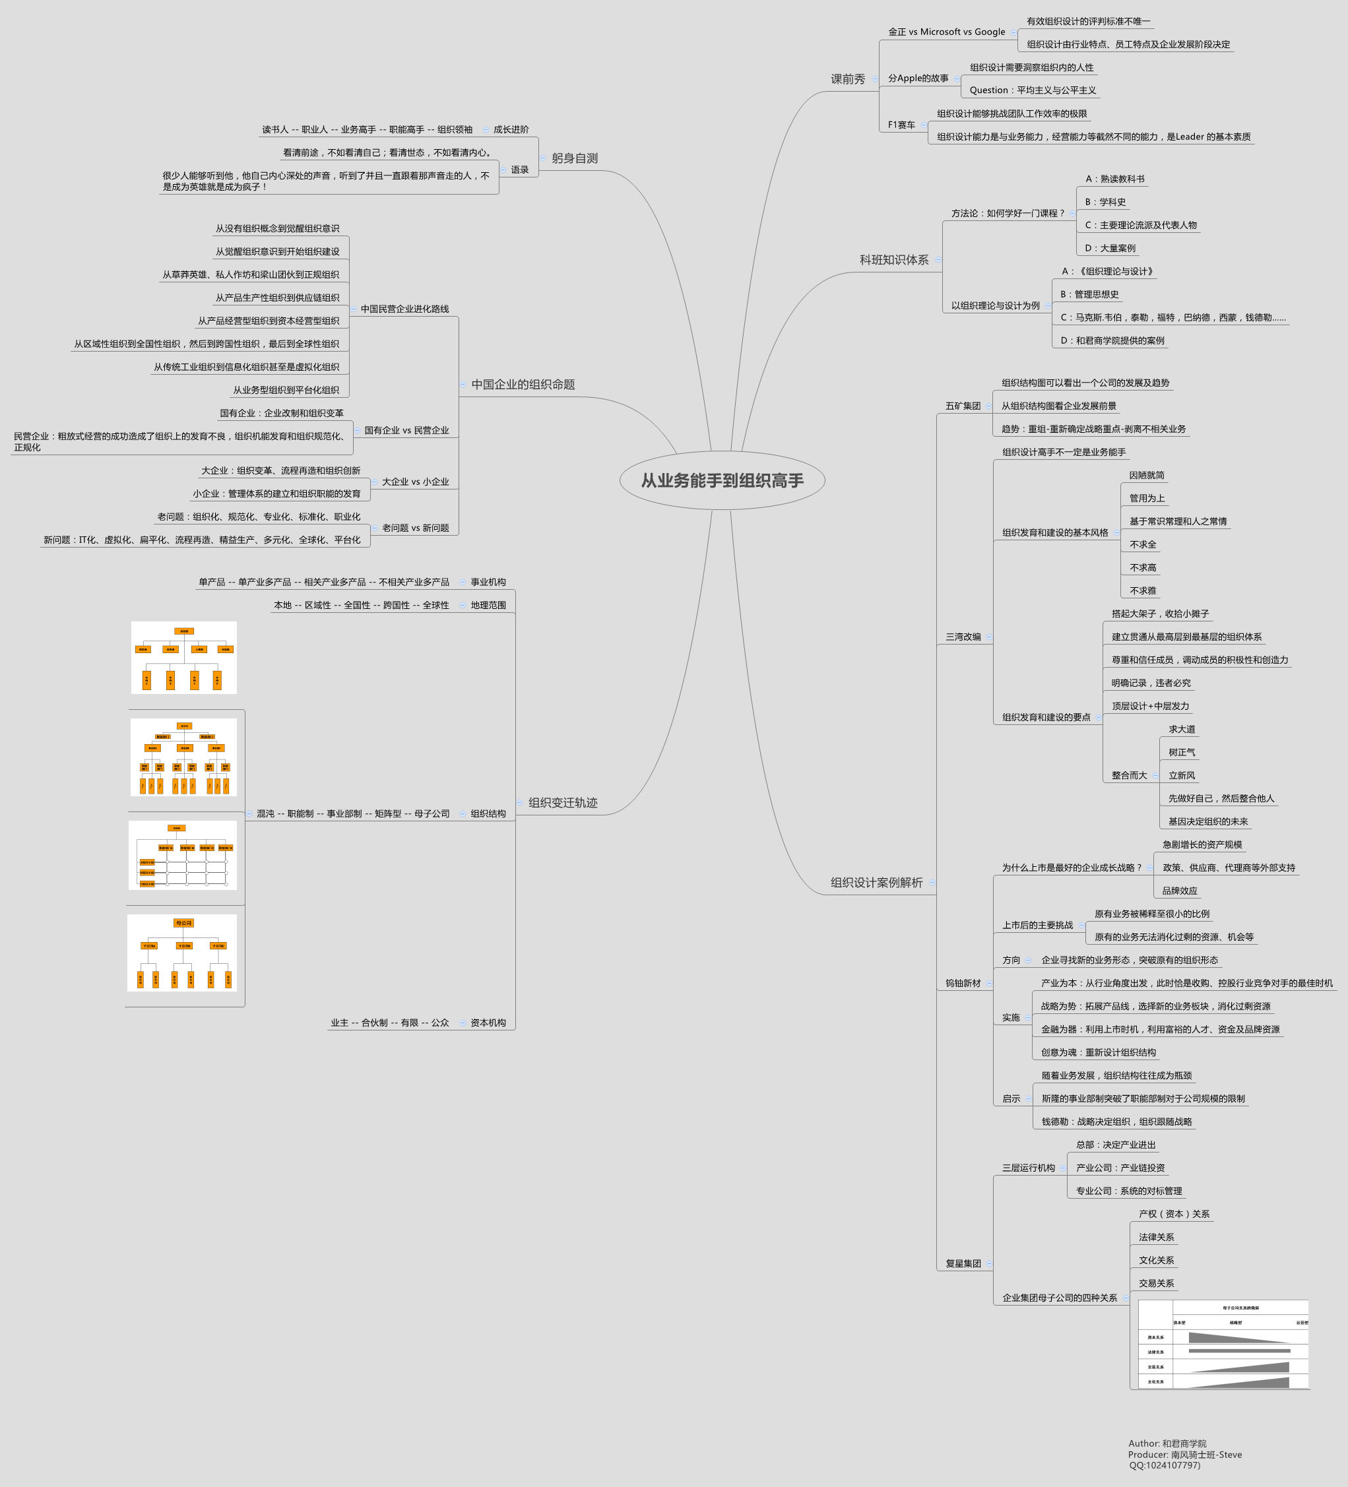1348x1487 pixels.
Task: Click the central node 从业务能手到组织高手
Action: point(722,480)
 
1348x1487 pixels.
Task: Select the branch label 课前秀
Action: point(848,79)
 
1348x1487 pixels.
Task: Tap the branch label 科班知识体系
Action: point(893,260)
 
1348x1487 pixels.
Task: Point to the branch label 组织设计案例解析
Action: point(876,882)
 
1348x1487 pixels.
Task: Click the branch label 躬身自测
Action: point(574,158)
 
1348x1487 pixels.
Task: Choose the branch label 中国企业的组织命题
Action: point(523,385)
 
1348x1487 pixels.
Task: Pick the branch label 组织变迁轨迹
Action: point(562,802)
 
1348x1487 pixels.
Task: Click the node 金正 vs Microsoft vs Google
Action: point(946,32)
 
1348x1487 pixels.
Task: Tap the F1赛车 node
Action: point(901,125)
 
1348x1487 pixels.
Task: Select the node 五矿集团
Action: point(963,406)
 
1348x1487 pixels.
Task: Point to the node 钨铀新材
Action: point(963,983)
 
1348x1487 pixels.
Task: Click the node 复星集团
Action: point(963,1263)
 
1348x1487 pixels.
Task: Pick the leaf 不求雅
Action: point(1143,591)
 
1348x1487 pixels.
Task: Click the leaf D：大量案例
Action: point(1110,249)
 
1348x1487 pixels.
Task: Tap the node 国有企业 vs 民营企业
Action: point(406,430)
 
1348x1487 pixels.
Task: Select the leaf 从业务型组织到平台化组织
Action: point(286,390)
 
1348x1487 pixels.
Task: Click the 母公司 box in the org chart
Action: point(183,923)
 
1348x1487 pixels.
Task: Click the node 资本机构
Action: point(488,1023)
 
